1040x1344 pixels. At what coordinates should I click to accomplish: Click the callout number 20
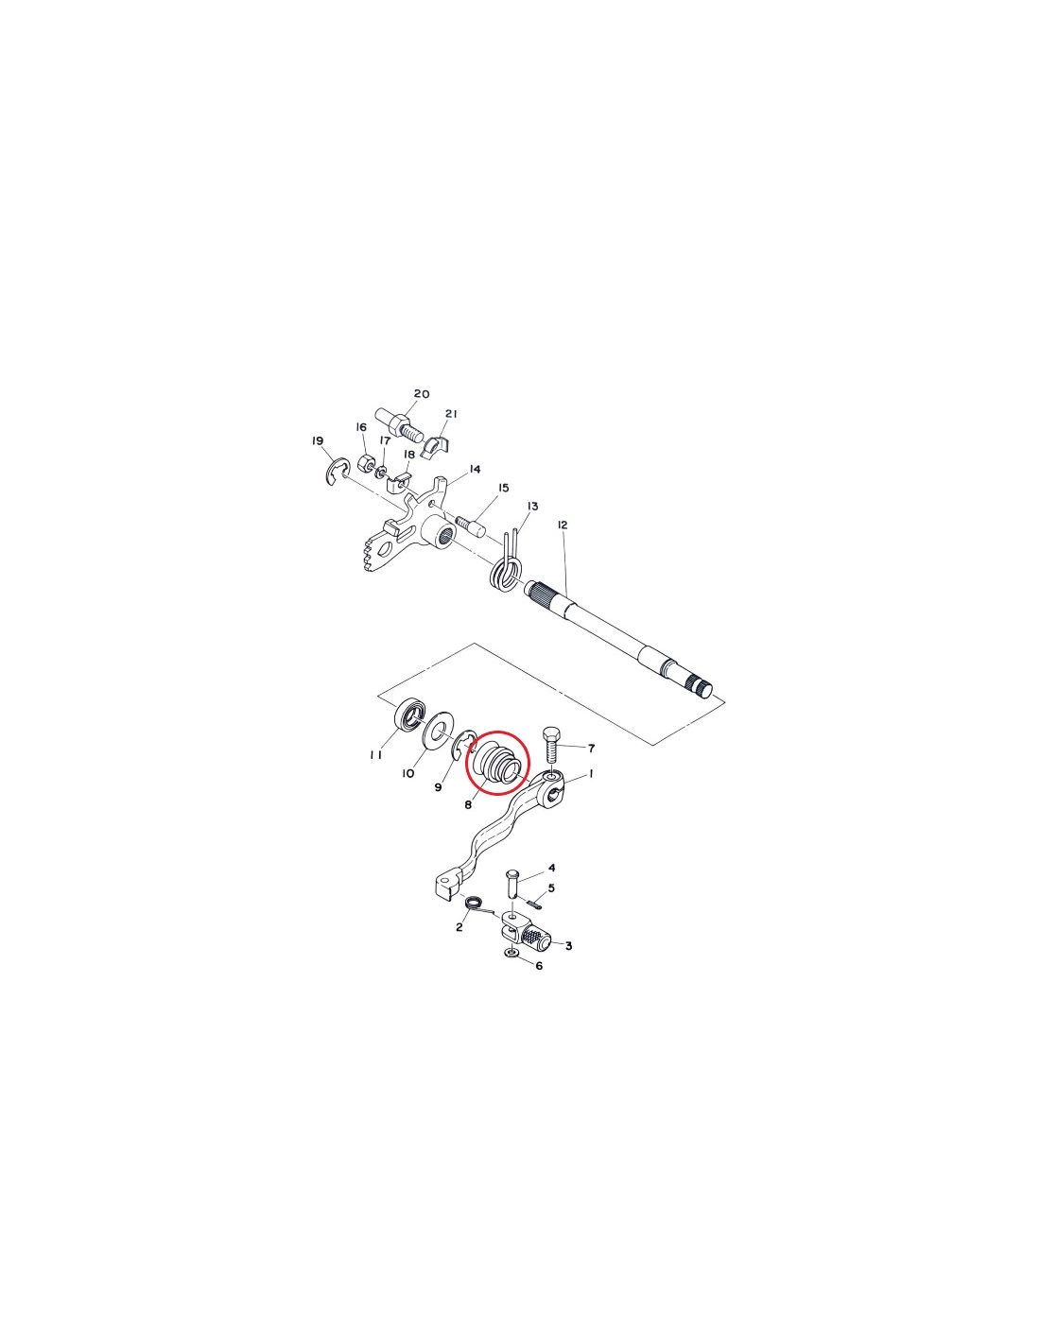422,394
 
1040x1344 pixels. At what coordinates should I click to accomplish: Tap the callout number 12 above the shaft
562,526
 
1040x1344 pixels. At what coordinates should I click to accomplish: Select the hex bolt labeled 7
552,747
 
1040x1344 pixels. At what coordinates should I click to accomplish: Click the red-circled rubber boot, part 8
496,765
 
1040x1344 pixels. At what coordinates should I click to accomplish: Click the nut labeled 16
366,461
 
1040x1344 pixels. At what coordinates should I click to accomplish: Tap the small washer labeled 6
511,968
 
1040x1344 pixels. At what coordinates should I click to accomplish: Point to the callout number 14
476,469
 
